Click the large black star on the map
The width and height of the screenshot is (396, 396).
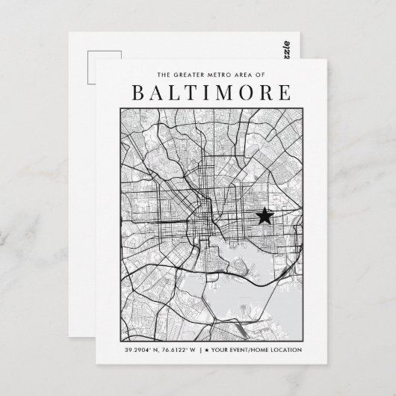[264, 217]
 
